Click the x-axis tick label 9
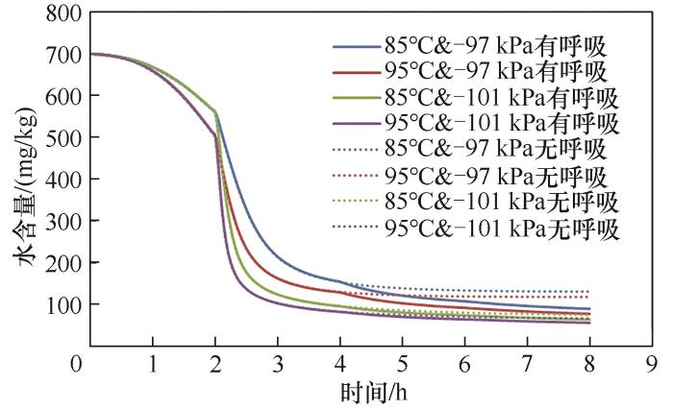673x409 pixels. (x=651, y=365)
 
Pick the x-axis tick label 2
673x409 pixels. (x=215, y=365)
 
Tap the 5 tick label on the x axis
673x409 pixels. (x=402, y=365)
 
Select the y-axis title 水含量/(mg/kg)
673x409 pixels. (x=21, y=182)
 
